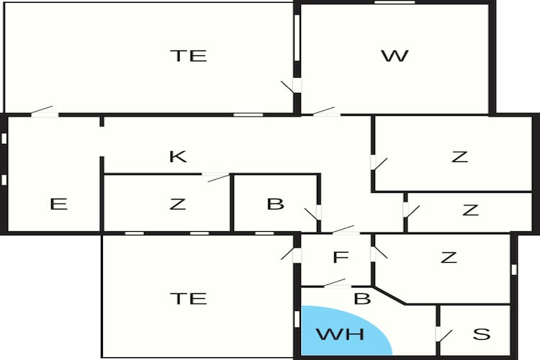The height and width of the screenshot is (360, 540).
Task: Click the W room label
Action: click(395, 56)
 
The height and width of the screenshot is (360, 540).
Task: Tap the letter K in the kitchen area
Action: click(178, 156)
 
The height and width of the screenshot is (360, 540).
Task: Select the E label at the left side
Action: click(58, 204)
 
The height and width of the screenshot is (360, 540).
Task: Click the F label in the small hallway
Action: click(341, 257)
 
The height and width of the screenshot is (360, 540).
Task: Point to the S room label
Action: click(482, 334)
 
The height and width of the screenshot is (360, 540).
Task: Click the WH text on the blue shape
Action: click(341, 334)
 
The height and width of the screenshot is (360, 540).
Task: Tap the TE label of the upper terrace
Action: click(189, 56)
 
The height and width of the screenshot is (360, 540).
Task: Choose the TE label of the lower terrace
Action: click(189, 298)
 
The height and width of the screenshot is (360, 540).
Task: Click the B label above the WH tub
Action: click(362, 299)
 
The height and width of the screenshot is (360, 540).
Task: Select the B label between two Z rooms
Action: click(276, 204)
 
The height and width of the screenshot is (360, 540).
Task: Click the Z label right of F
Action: click(449, 257)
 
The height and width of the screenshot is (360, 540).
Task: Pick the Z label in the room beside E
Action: click(178, 204)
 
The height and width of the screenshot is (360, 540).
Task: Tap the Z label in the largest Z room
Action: click(460, 157)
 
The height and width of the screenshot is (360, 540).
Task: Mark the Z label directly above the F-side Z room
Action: click(470, 210)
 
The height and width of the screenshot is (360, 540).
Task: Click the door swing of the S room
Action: click(444, 336)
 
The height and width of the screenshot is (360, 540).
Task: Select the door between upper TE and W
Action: click(289, 86)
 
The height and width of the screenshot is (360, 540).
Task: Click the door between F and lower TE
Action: click(288, 253)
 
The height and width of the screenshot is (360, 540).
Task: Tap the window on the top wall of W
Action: click(395, 2)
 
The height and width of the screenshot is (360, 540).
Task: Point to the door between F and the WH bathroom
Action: click(335, 282)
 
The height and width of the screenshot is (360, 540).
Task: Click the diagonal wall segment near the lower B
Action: click(390, 295)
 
